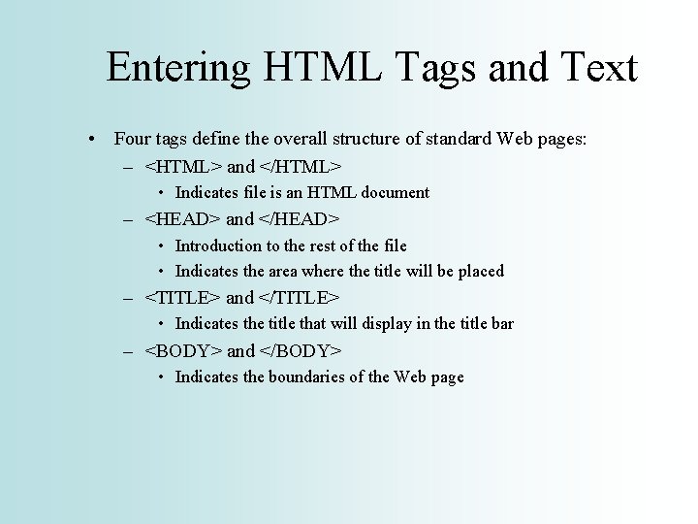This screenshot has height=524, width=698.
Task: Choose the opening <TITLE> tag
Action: [182, 298]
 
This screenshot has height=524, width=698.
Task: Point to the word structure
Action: [366, 140]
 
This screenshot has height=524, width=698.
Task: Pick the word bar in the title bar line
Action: [501, 324]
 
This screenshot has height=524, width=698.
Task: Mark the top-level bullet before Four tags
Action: [90, 140]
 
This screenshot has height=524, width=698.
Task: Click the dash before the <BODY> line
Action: [128, 351]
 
